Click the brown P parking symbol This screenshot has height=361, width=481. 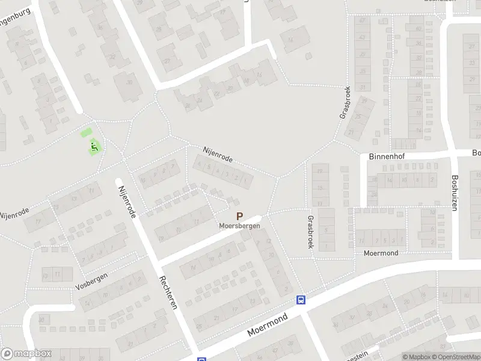click(x=239, y=217)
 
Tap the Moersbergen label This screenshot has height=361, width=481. click(x=239, y=226)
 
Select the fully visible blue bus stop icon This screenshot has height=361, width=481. click(x=301, y=300)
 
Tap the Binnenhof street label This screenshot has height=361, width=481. click(x=388, y=156)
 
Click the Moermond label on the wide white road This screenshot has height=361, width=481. click(x=268, y=324)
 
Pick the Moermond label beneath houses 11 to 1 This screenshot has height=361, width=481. click(x=381, y=253)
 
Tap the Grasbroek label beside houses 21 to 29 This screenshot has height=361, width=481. click(x=345, y=102)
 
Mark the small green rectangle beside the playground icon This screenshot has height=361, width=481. click(x=87, y=133)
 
